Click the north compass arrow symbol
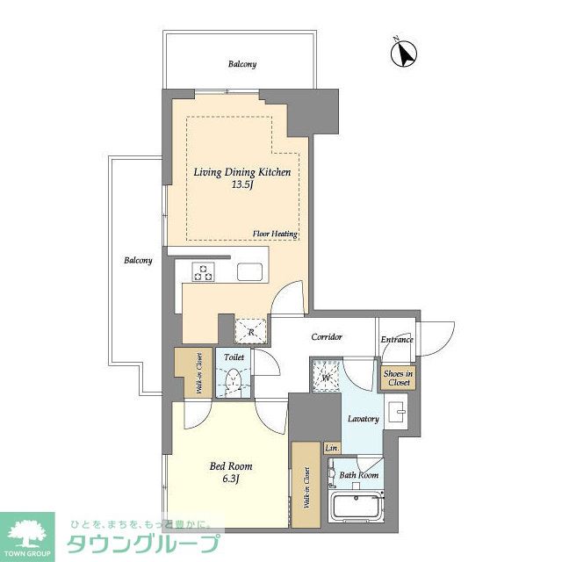coord(404,54)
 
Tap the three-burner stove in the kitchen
coord(203,272)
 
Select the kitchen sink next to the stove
coord(249,272)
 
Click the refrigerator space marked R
coord(251,332)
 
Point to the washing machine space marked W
coord(326,376)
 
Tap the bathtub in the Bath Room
coord(357,508)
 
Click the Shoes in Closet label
coord(398,378)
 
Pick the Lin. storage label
coord(332,448)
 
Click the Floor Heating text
coord(275,234)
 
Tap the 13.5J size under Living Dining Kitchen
coord(242,185)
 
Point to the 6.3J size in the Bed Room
coord(231,479)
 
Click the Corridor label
coord(327,336)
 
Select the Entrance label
coord(397,339)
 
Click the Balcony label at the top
coord(242,64)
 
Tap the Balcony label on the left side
coord(138,260)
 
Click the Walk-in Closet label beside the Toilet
coord(199,373)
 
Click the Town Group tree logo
coord(27,534)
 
